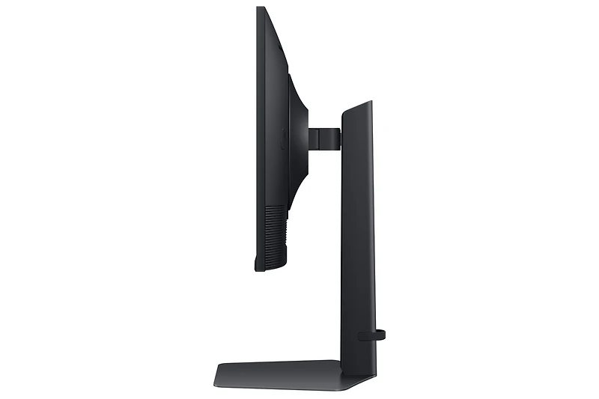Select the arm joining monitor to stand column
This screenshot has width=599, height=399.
click(324, 138)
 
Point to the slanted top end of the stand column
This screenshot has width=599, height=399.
click(359, 107)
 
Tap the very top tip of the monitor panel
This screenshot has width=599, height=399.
click(260, 9)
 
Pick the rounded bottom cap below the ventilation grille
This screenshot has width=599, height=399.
click(272, 261)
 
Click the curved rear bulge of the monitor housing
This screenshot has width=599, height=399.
click(299, 135)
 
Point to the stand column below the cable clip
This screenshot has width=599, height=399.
click(358, 353)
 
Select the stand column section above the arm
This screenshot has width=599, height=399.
click(358, 120)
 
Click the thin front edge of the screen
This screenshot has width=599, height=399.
click(258, 150)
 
